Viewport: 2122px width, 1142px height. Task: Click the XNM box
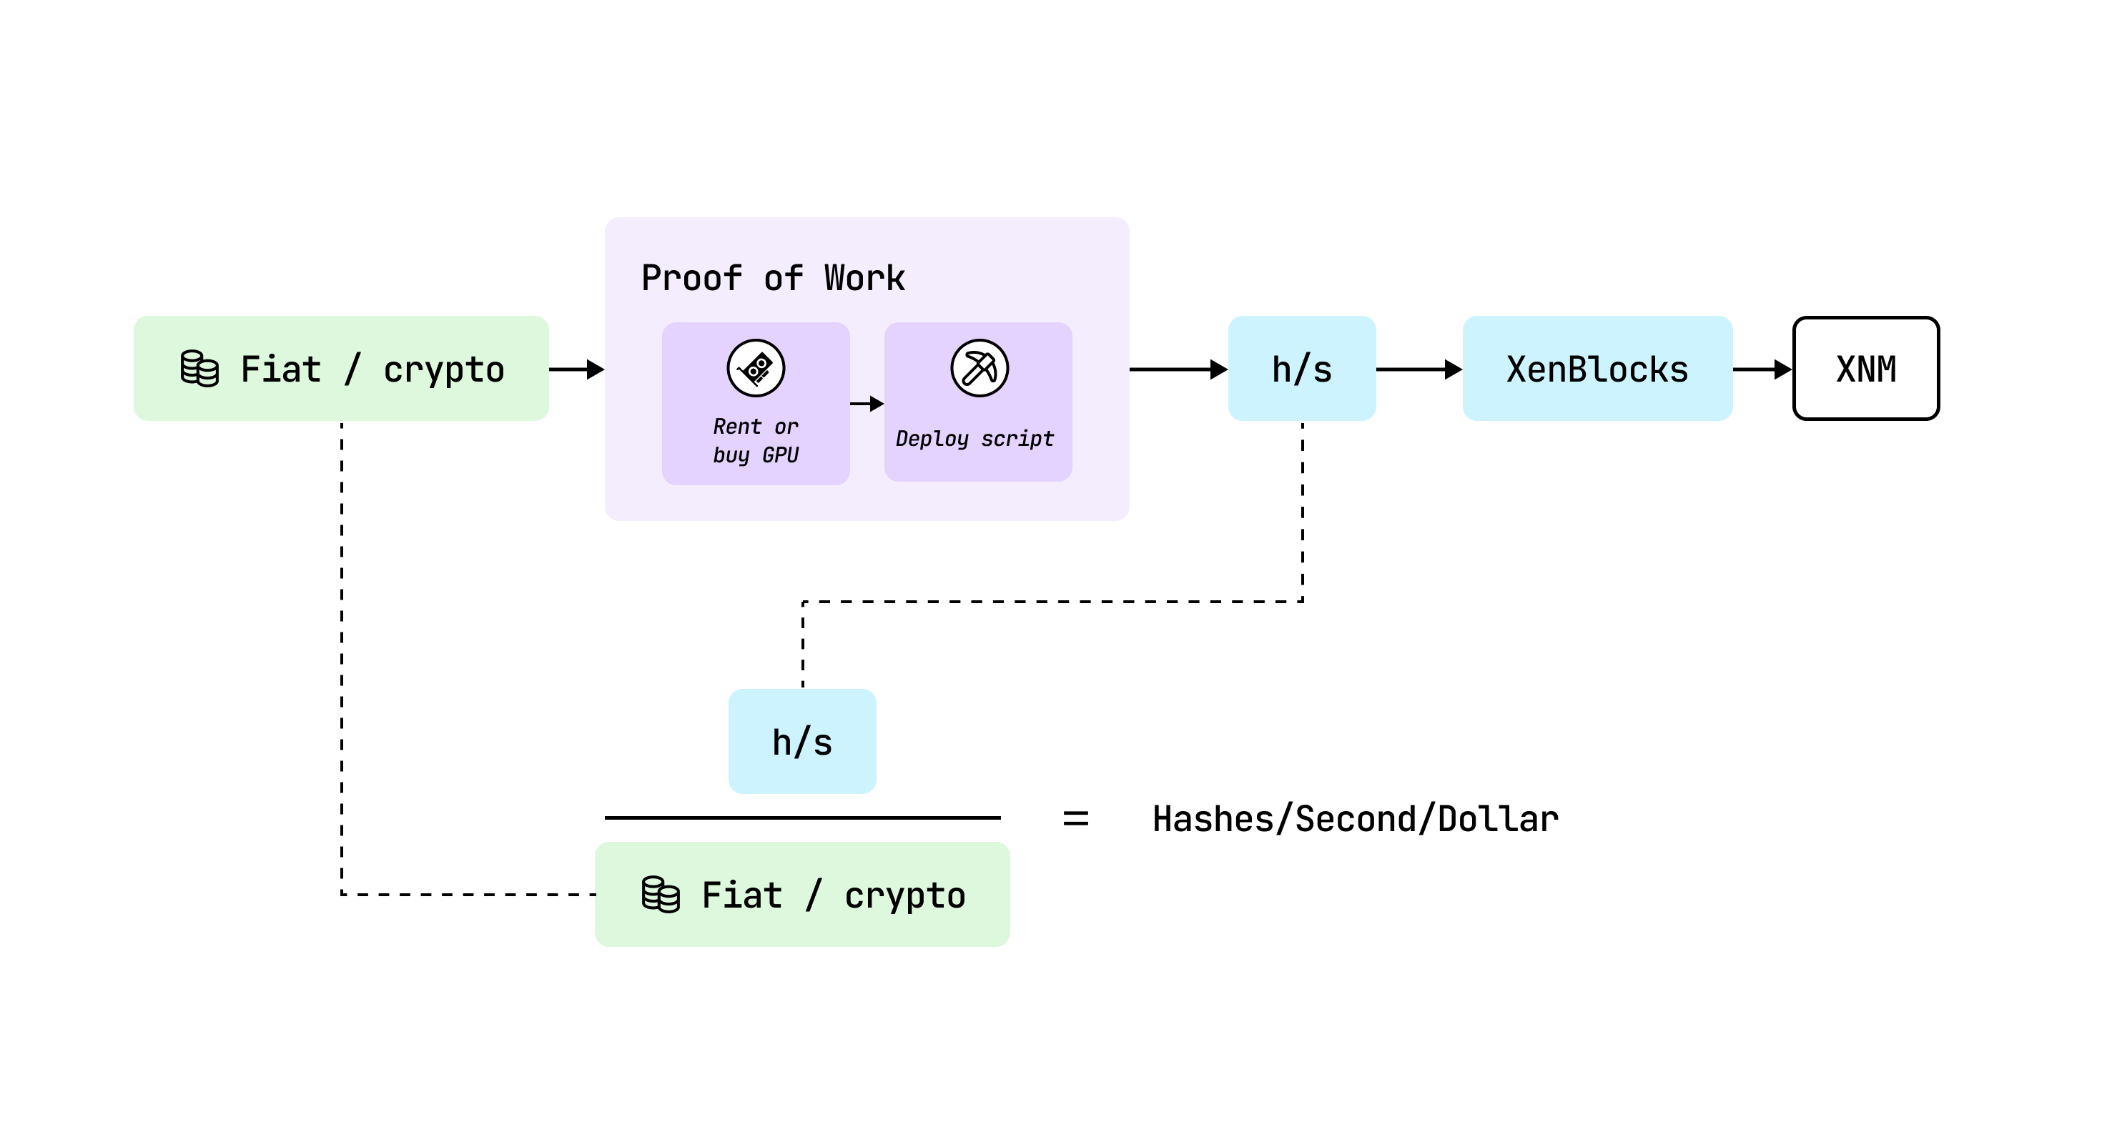coord(1865,369)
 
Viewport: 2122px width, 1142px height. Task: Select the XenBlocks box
coord(1597,369)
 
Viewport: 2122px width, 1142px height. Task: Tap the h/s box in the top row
coord(1301,369)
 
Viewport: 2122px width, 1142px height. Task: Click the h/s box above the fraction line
coord(801,742)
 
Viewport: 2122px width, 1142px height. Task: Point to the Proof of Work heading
coord(773,278)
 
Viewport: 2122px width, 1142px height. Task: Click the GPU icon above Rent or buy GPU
coord(756,368)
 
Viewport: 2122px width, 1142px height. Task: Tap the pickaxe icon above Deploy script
coord(979,368)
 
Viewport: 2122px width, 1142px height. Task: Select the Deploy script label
coord(974,439)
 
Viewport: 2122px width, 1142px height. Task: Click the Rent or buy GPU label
coord(756,440)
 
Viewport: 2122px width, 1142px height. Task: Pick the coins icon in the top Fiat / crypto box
coord(199,368)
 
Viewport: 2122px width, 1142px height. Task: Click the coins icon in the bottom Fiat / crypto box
coord(661,894)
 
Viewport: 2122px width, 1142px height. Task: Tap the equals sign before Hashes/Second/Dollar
coord(1075,818)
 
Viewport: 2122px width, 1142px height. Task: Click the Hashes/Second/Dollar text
coord(1355,819)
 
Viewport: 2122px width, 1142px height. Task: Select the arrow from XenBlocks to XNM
coord(1761,369)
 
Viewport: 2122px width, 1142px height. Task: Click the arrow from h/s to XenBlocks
coord(1418,369)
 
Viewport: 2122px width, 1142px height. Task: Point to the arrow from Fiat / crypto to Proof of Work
coord(577,369)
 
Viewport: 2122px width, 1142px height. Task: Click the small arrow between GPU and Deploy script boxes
coord(867,404)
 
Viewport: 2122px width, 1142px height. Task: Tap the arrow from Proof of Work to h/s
coord(1178,369)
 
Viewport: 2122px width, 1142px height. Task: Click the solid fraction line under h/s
coord(801,818)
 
